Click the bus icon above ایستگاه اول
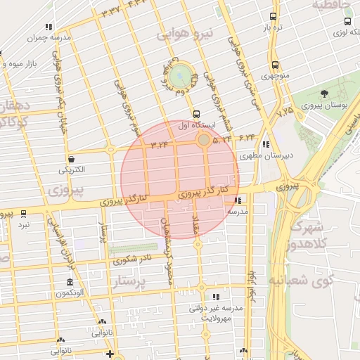196,114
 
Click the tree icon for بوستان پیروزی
324,94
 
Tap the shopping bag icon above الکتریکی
71,159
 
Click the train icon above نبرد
23,213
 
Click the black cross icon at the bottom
109,354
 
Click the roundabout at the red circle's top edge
204,141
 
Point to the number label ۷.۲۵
285,112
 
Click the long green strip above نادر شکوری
133,248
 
